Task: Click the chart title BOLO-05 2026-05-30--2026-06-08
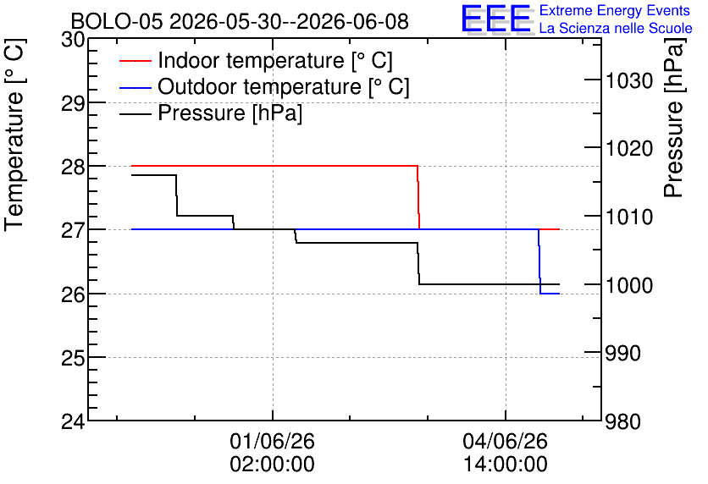coord(240,21)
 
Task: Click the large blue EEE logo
coord(496,19)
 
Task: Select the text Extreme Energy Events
coord(615,10)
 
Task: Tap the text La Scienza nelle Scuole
coord(616,28)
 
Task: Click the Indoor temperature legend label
coord(275,60)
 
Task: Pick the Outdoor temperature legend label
coord(284,86)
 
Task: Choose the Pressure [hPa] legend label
coord(230,113)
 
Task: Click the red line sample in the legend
coord(135,60)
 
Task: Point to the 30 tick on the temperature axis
coord(73,40)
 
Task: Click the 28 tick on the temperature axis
coord(73,167)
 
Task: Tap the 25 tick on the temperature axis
coord(73,358)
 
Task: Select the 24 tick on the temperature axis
coord(73,421)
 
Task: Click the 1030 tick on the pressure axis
coord(629,81)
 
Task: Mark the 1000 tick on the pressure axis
coord(629,285)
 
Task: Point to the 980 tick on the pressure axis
coord(623,421)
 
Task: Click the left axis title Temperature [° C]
coord(14,135)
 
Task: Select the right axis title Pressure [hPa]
coord(674,118)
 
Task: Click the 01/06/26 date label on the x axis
coord(272,441)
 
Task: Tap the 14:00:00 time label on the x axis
coord(506,464)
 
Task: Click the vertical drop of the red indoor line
coord(418,197)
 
